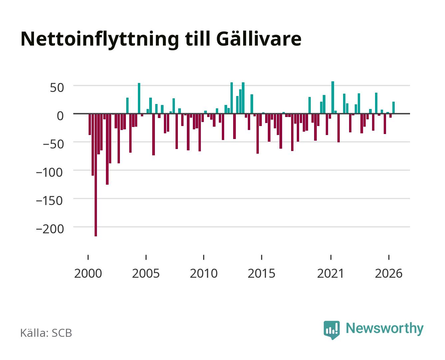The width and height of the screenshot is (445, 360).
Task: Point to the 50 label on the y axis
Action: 57,88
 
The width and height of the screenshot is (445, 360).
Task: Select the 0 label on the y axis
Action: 60,116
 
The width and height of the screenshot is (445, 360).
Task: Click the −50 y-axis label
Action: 53,144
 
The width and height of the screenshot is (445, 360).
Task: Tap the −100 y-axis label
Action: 49,172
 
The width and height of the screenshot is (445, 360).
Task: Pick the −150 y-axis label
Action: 49,200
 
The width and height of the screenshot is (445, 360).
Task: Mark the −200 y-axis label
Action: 50,229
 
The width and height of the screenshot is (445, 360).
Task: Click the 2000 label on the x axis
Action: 88,273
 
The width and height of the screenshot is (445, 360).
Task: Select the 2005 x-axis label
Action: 146,273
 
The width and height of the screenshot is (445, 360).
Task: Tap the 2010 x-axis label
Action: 204,273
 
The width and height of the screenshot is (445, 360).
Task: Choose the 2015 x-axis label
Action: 261,273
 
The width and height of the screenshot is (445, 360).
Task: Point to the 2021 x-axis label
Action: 330,273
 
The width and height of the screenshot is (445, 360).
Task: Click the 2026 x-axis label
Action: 389,273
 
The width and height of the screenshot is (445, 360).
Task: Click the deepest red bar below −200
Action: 96,175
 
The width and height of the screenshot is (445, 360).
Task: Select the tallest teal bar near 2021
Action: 333,97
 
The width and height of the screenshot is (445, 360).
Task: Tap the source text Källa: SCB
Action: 46,333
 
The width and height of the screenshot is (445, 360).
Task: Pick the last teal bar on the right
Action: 393,108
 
